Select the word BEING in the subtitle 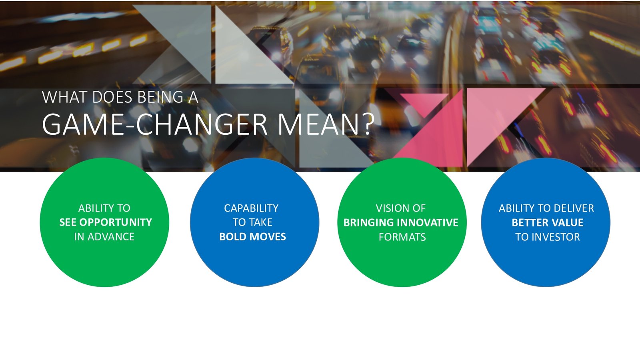(x=160, y=97)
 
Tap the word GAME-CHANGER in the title (x=154, y=124)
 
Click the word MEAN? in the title (x=326, y=124)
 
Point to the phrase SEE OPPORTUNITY (x=106, y=222)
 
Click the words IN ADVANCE (x=104, y=236)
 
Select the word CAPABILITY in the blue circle (x=251, y=208)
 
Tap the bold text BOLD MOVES (x=252, y=236)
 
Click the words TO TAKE (x=252, y=222)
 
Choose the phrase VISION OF (x=400, y=208)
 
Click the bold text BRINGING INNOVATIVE (x=400, y=222)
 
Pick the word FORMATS (x=402, y=237)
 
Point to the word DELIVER (x=574, y=208)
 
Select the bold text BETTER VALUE (x=548, y=222)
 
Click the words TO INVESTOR (x=548, y=237)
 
